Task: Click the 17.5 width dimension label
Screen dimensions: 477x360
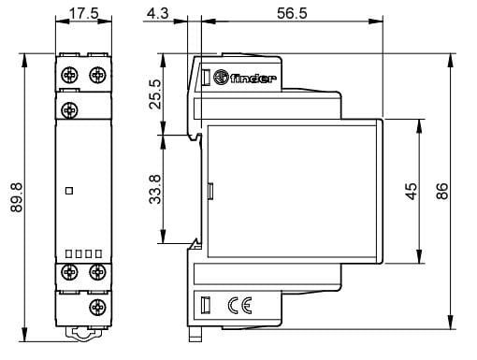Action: click(83, 13)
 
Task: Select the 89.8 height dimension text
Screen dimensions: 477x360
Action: click(17, 197)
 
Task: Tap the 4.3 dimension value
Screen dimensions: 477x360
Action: click(158, 13)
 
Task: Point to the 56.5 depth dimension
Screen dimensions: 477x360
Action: click(292, 13)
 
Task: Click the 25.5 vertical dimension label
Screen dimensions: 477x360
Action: click(155, 94)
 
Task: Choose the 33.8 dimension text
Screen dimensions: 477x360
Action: click(155, 190)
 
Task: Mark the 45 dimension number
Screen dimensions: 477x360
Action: click(412, 191)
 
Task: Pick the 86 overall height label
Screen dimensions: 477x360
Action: click(442, 191)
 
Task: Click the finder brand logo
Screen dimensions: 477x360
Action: click(245, 78)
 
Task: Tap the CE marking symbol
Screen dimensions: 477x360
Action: click(239, 306)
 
